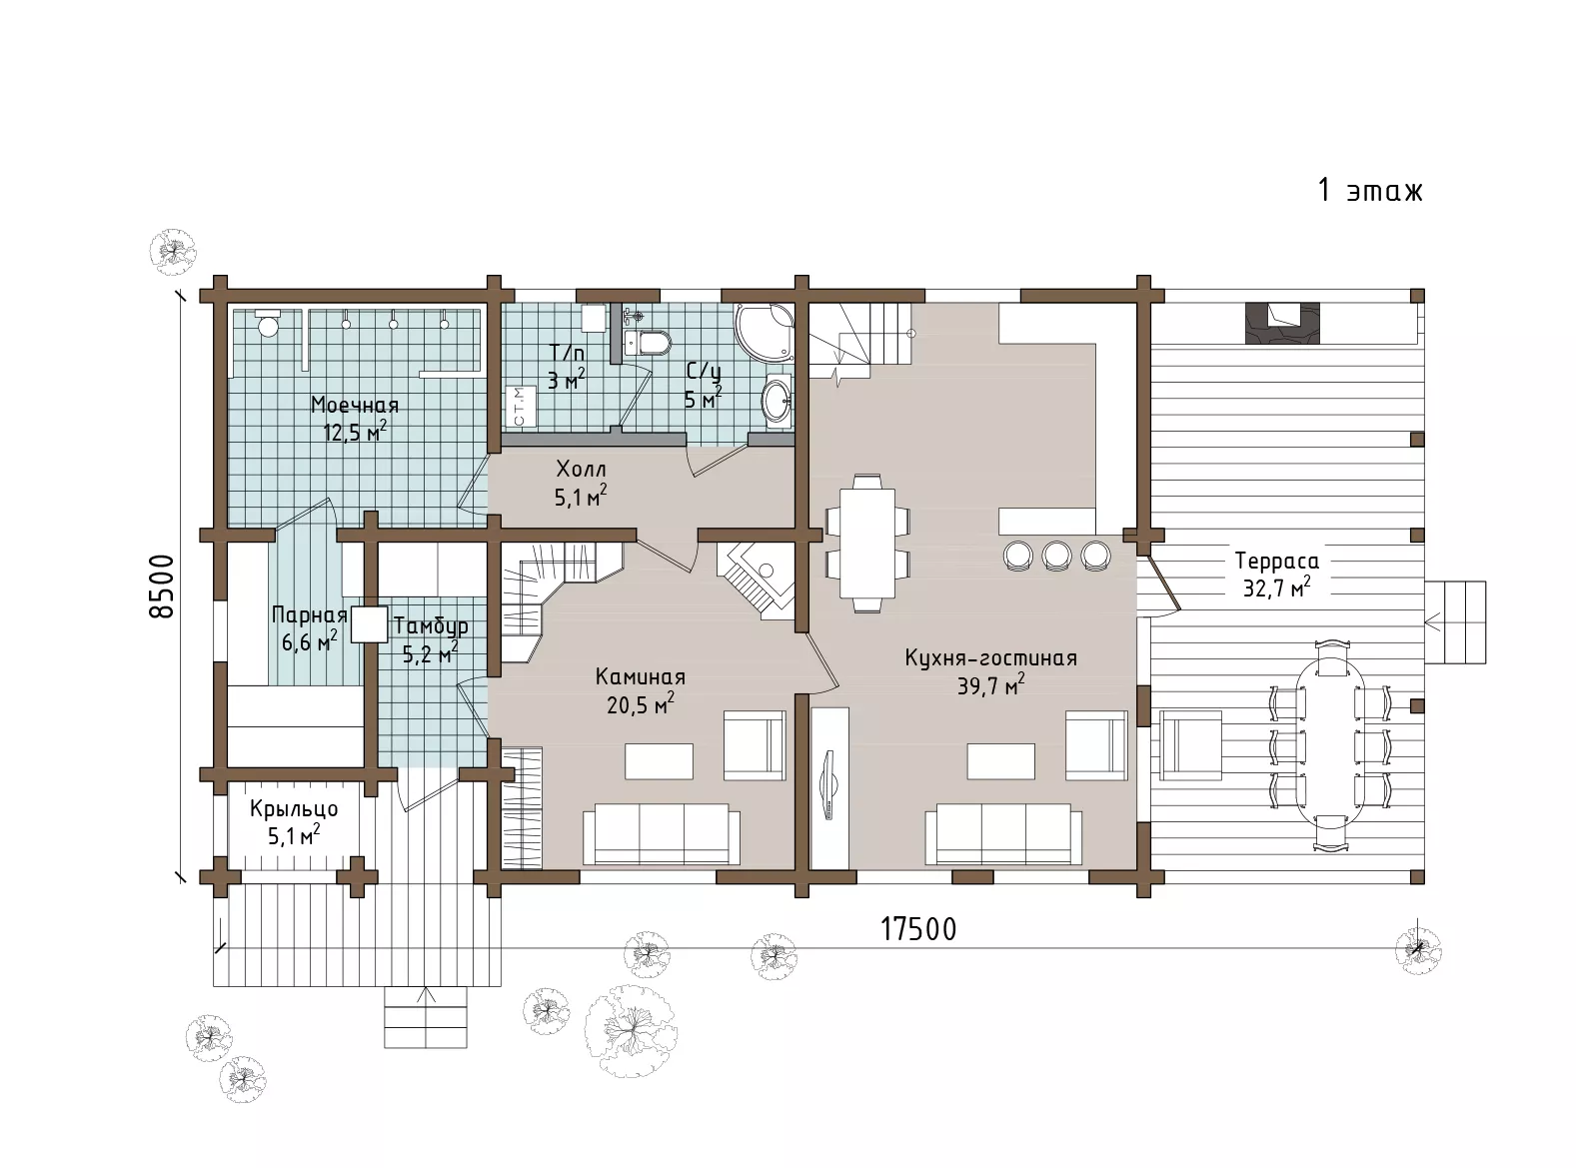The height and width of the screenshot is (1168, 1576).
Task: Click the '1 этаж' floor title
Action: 1370,191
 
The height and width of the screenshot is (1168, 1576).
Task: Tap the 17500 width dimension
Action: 918,929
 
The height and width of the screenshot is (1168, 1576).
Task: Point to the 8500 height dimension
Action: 163,586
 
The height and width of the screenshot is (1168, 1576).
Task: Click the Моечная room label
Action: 355,405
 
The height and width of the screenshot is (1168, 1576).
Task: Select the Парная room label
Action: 310,614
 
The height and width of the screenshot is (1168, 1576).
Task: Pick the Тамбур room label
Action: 432,625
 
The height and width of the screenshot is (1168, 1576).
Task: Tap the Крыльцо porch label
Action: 294,809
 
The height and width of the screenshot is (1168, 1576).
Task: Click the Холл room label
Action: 582,469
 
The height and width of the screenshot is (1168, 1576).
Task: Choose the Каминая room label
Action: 641,676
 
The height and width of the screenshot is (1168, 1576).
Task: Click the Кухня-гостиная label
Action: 991,657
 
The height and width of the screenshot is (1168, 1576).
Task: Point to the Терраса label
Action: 1277,562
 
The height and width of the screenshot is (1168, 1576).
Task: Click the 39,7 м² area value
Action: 991,685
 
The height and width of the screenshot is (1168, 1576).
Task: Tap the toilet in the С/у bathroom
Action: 648,342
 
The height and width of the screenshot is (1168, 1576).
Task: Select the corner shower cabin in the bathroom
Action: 764,334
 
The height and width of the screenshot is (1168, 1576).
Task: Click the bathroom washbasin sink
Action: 778,402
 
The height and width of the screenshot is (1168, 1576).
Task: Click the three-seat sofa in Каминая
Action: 662,834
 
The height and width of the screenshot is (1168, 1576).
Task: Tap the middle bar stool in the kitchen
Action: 1057,555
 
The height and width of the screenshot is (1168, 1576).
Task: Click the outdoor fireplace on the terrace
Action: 1282,324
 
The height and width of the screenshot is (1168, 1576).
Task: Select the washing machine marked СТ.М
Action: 519,407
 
